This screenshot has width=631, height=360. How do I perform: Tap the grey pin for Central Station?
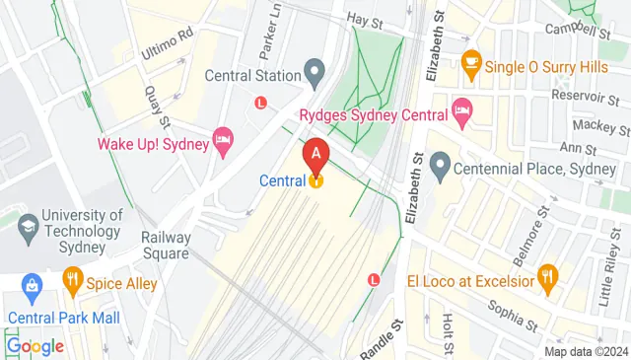315,71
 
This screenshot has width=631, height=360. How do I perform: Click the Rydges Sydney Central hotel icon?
460,108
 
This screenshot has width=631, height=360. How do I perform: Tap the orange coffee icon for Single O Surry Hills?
470,61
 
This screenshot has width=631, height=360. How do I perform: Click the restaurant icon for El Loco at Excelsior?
549,279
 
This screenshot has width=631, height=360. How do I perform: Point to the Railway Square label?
166,245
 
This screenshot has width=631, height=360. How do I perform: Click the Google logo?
35,346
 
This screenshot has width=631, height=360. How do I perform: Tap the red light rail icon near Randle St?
373,279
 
